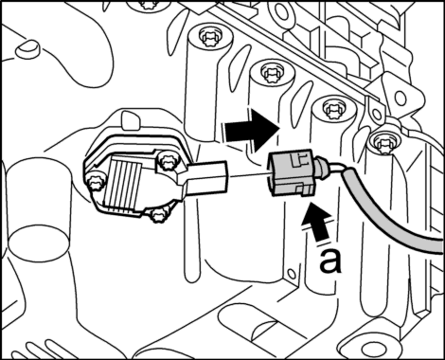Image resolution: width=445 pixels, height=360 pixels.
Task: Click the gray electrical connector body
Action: pyautogui.click(x=291, y=173)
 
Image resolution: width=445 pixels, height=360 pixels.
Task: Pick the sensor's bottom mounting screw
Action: pyautogui.click(x=157, y=215)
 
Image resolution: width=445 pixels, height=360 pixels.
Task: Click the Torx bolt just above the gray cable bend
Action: pyautogui.click(x=384, y=143)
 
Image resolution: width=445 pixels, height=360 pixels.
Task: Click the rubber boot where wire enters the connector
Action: pyautogui.click(x=322, y=166)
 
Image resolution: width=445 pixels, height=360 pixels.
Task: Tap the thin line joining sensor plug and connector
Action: pyautogui.click(x=248, y=174)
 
